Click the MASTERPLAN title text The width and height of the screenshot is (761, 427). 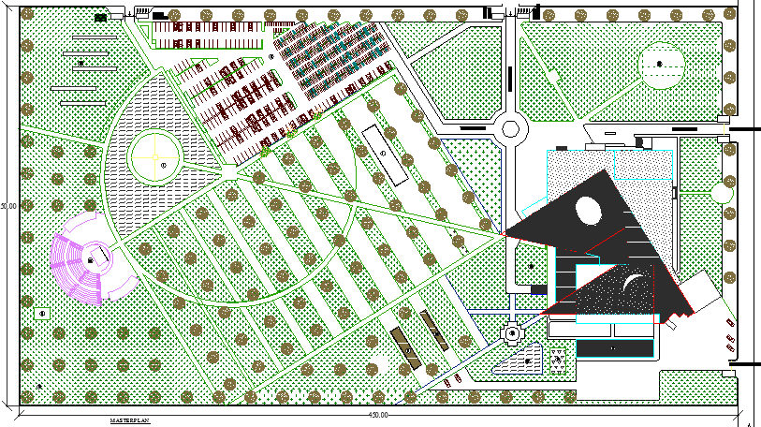[128, 421]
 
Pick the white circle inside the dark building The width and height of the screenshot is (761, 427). [591, 211]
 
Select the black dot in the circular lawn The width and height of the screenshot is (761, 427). [660, 63]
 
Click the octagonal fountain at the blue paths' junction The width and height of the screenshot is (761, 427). [513, 331]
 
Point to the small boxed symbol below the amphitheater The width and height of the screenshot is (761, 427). [42, 313]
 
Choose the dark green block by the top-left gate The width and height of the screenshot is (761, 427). [100, 17]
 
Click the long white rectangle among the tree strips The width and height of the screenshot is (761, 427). [386, 155]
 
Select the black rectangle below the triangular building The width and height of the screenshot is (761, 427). [613, 347]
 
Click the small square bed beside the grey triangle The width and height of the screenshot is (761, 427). [558, 358]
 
